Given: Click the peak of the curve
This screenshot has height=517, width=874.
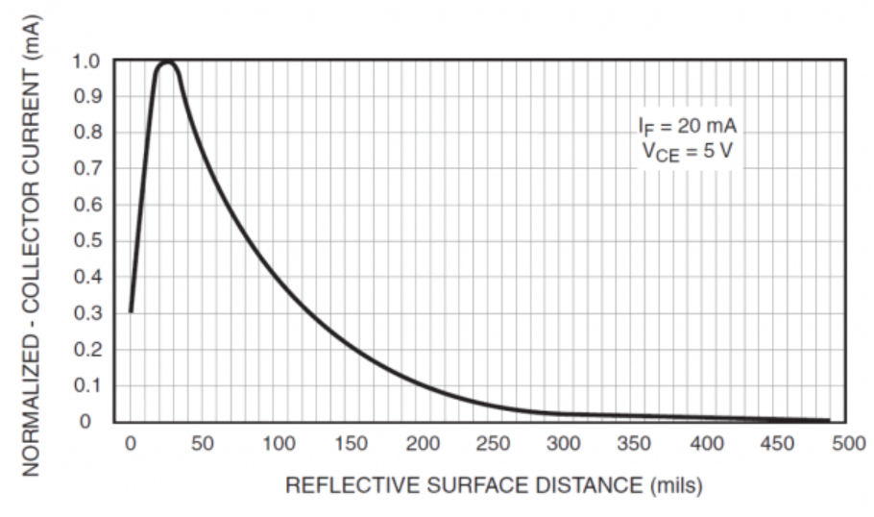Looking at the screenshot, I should [168, 62].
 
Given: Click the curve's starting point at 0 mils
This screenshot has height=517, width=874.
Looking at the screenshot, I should [131, 310].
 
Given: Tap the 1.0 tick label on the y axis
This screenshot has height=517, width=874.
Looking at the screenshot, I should [86, 62].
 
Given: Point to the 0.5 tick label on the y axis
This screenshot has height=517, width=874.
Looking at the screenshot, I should [86, 241].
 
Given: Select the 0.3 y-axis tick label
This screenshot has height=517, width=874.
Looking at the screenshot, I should [86, 313].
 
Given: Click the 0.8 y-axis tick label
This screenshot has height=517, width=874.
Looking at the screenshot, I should [86, 134].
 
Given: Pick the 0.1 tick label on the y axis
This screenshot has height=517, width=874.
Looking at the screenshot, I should [86, 385].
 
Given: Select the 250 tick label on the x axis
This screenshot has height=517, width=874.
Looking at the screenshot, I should [493, 444].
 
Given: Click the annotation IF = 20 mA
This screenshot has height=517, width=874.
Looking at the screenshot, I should [688, 126].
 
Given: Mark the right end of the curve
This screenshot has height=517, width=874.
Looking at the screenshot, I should [828, 420].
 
